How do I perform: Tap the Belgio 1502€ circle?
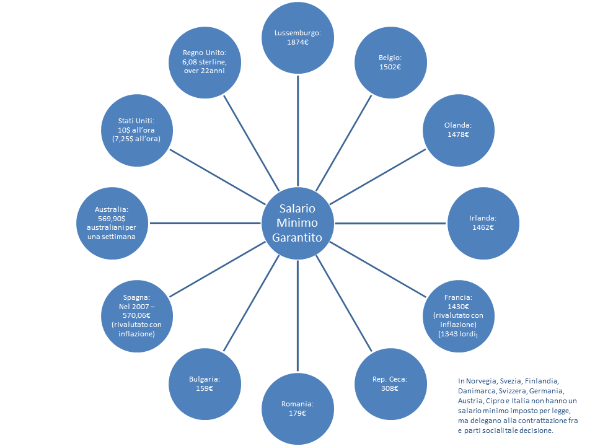tap(390, 62)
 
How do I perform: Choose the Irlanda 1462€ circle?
tap(483, 223)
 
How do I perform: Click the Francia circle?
tap(458, 315)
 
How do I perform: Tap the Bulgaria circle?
tap(205, 384)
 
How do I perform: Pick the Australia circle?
tap(112, 223)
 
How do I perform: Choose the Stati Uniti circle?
tap(136, 130)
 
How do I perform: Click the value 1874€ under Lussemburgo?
tap(297, 43)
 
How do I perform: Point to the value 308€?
tap(390, 389)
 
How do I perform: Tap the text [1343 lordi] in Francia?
tap(458, 334)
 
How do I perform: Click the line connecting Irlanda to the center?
tap(390, 223)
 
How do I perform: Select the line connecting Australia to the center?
tap(205, 223)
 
